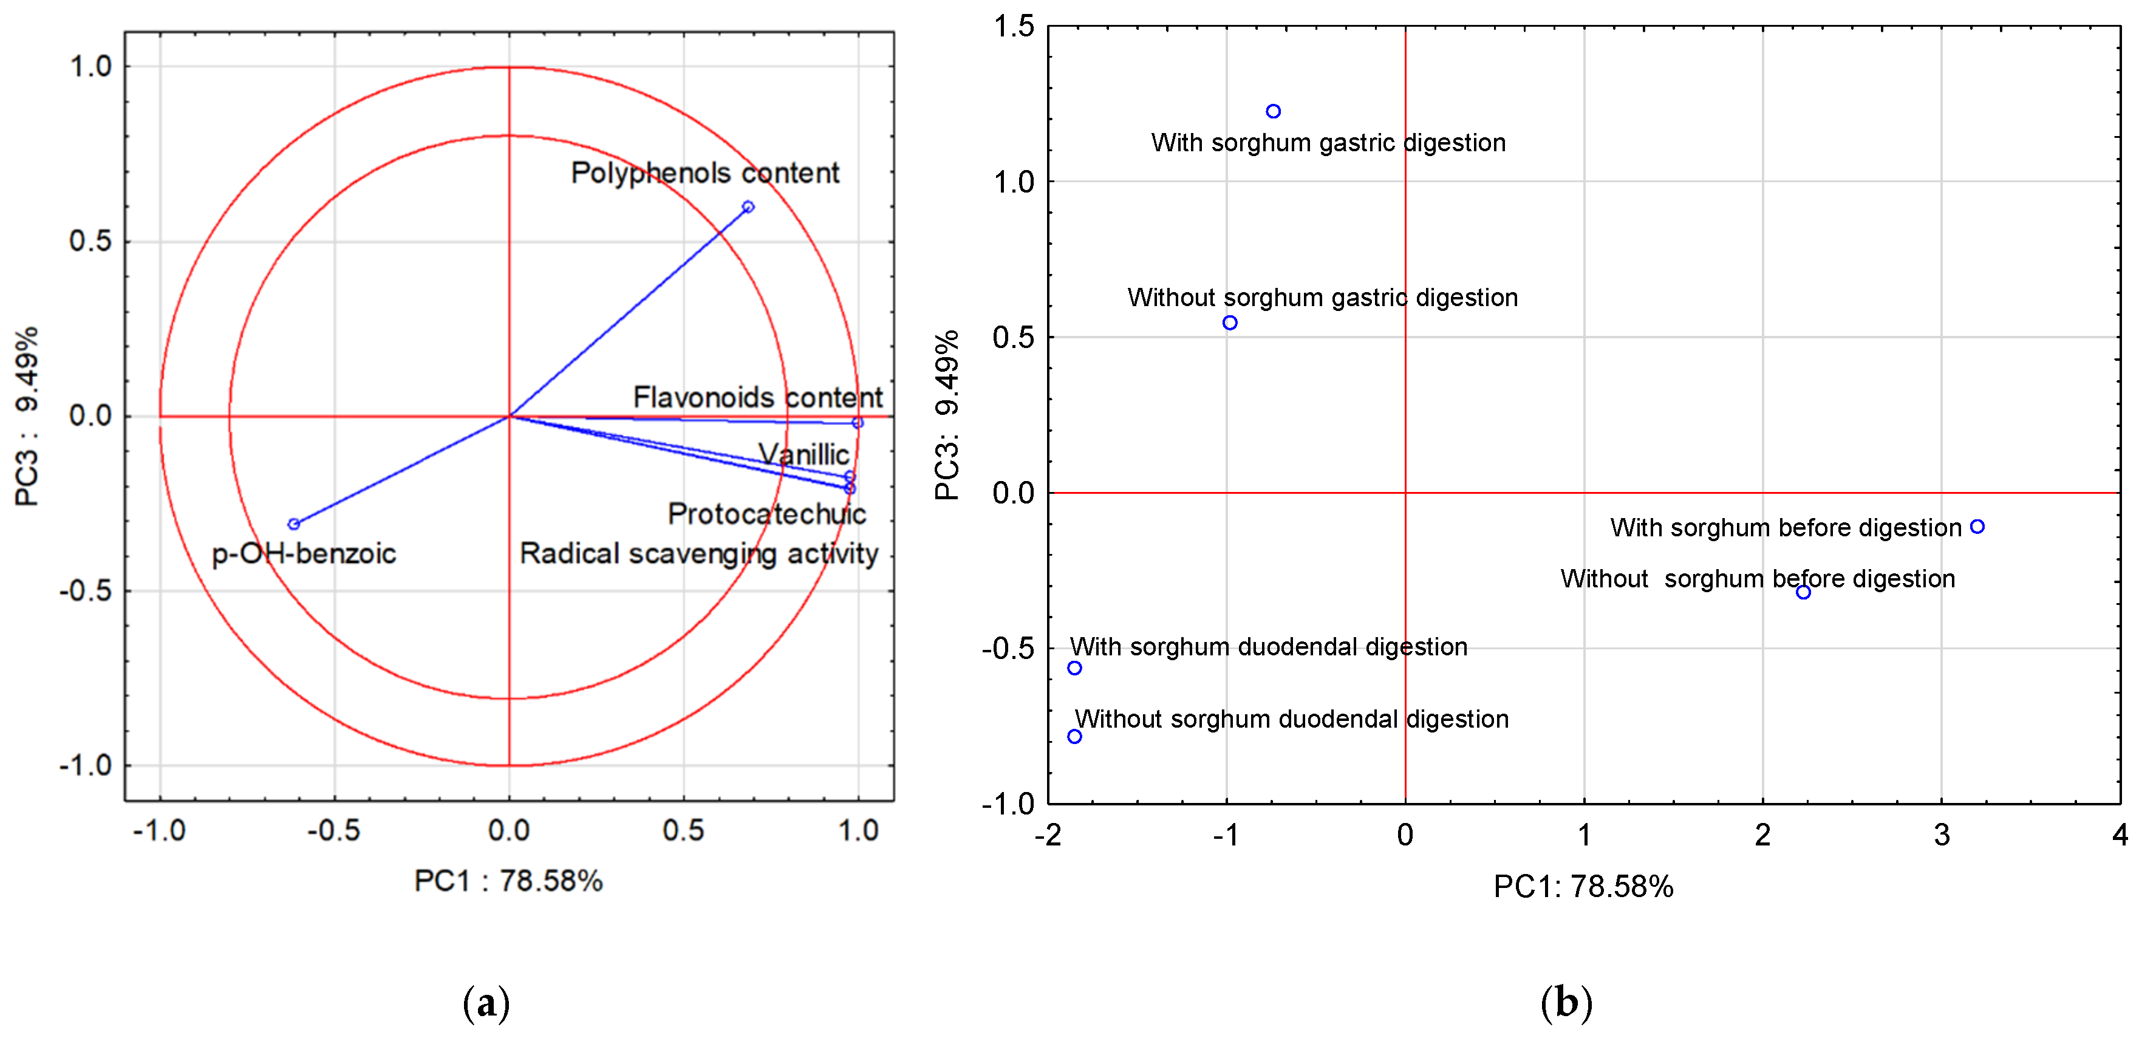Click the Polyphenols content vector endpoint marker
748,207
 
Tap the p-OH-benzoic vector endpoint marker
293,524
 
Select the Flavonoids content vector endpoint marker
858,423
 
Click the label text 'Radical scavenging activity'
698,553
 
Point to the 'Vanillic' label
803,454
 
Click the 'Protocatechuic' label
766,514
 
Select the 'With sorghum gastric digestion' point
1273,111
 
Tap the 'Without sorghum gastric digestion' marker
1230,323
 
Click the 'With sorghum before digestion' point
1977,527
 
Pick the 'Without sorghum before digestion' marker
1803,592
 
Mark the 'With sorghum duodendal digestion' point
1074,668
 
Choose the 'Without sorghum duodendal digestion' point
1074,737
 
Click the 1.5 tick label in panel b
1014,27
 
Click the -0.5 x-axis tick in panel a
334,830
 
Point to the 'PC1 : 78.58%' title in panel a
508,880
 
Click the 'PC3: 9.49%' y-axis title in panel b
947,415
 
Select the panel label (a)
486,1003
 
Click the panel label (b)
1566,1003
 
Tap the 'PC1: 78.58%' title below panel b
1583,887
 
